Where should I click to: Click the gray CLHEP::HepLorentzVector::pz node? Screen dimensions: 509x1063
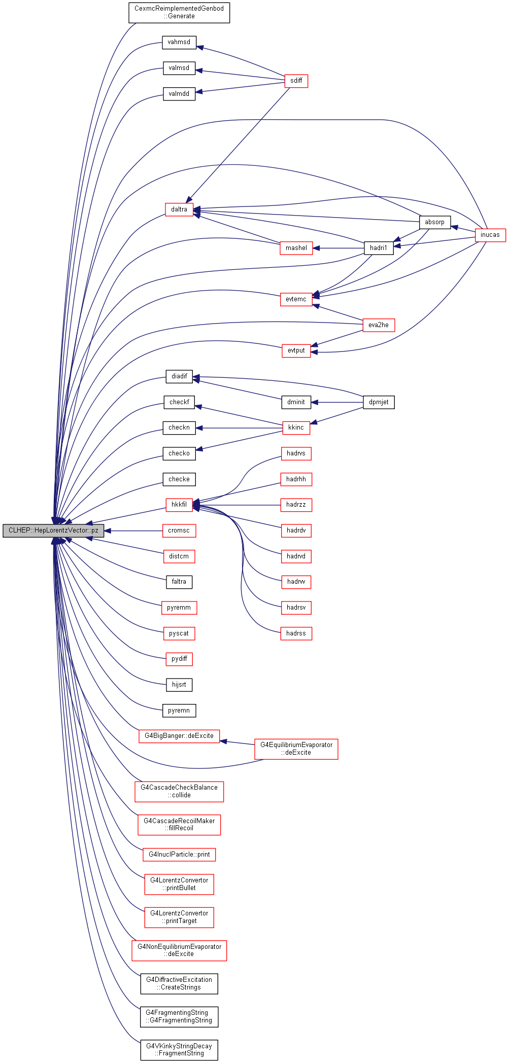point(53,530)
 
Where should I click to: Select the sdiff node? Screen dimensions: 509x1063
point(296,81)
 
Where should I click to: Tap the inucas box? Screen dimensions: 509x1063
point(490,235)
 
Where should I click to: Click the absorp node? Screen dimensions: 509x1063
point(435,222)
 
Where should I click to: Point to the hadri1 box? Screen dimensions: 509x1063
point(379,248)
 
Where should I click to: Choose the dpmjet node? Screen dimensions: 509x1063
point(379,402)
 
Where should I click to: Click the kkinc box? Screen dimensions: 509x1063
point(296,428)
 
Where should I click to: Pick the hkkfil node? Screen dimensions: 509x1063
point(179,505)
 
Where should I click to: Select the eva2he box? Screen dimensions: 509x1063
point(379,325)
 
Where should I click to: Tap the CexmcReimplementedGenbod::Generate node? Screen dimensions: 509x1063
point(179,13)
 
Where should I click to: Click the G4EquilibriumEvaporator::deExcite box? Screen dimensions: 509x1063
point(296,749)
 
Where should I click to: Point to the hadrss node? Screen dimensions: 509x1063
point(296,633)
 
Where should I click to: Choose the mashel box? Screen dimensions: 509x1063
point(296,248)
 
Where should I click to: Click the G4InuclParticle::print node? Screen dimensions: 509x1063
point(179,855)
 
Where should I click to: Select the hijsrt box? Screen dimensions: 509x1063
point(179,685)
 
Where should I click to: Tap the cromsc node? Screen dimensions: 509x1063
point(179,530)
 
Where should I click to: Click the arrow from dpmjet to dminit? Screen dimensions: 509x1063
point(337,402)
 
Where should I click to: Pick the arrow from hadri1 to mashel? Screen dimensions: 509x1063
point(338,248)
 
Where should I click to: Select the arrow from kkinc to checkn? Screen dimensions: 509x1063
point(239,428)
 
